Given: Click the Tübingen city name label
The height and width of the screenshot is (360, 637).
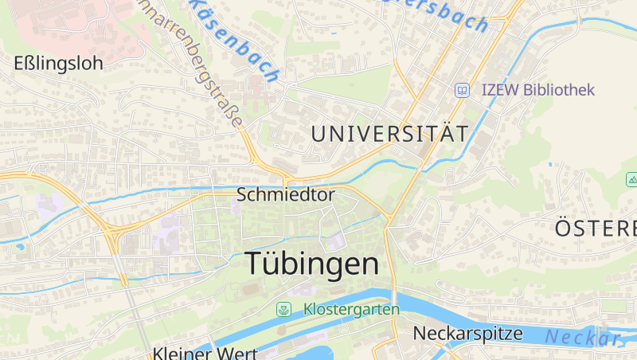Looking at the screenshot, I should pyautogui.click(x=312, y=264).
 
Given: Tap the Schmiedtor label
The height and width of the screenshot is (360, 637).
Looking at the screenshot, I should pyautogui.click(x=286, y=194).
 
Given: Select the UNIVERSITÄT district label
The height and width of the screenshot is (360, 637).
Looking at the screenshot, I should pyautogui.click(x=389, y=134).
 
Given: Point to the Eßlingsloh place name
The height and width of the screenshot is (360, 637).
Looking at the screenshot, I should pyautogui.click(x=59, y=64).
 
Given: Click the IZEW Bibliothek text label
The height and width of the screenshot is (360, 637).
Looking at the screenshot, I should pyautogui.click(x=538, y=90).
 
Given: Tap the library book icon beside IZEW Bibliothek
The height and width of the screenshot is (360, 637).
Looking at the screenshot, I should pyautogui.click(x=461, y=91).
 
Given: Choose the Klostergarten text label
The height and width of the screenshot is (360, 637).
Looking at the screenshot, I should pyautogui.click(x=350, y=309).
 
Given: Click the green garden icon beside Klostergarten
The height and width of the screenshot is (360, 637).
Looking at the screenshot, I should pyautogui.click(x=283, y=309).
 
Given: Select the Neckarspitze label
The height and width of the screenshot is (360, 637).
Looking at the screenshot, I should pyautogui.click(x=467, y=334).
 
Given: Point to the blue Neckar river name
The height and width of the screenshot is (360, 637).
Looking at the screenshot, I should pyautogui.click(x=581, y=338).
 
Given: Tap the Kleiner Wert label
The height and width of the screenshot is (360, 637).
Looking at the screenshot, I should pyautogui.click(x=196, y=353).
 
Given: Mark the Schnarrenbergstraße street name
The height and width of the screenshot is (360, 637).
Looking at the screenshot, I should pyautogui.click(x=210, y=68).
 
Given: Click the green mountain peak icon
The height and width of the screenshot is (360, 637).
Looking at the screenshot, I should pyautogui.click(x=631, y=181).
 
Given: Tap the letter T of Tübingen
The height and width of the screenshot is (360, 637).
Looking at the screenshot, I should pyautogui.click(x=254, y=263).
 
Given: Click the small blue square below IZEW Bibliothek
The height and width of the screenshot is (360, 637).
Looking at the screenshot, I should pyautogui.click(x=551, y=164).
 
